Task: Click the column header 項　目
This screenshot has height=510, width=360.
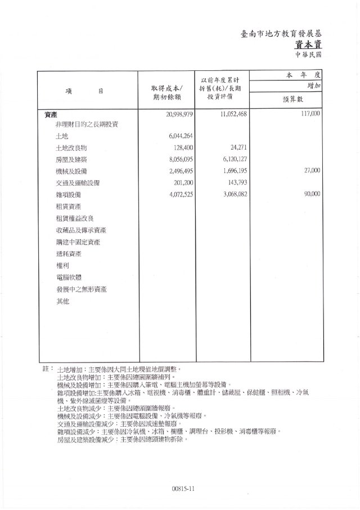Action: pyautogui.click(x=84, y=91)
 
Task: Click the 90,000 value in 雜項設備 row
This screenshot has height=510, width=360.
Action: pyautogui.click(x=312, y=194)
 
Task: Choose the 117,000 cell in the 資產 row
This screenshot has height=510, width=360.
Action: pyautogui.click(x=310, y=114)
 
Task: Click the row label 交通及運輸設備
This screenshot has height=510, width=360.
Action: pyautogui.click(x=79, y=182)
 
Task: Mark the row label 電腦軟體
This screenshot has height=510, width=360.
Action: pyautogui.click(x=67, y=278)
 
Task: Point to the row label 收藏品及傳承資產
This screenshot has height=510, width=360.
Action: pyautogui.click(x=82, y=230)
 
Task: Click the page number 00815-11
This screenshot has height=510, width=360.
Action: pyautogui.click(x=183, y=489)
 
